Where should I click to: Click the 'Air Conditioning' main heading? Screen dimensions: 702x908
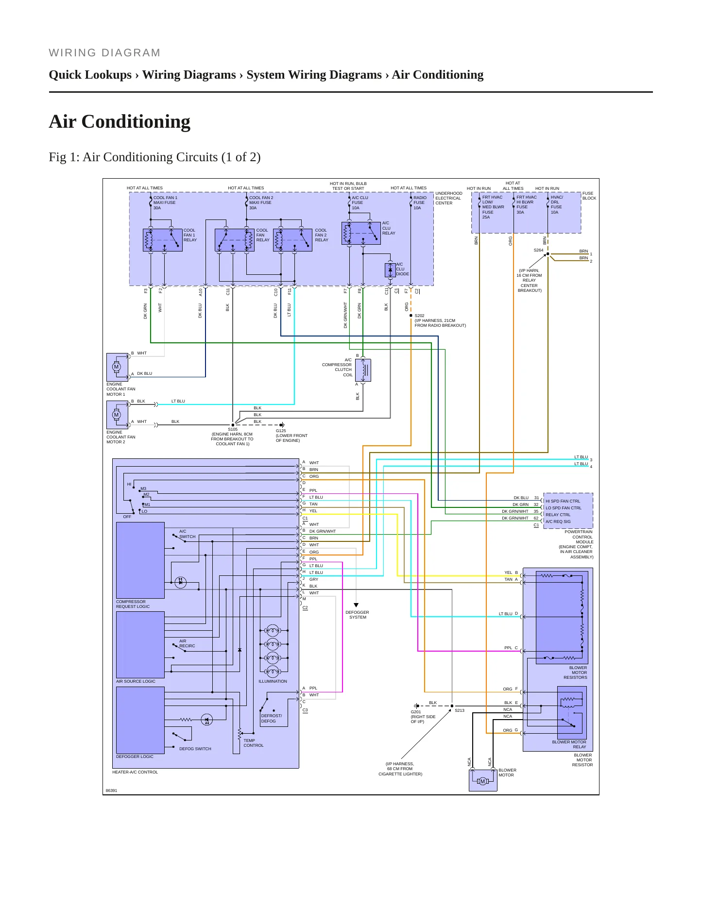(x=120, y=121)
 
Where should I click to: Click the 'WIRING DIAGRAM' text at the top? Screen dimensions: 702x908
(x=104, y=53)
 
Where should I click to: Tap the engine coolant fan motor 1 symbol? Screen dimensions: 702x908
(x=117, y=367)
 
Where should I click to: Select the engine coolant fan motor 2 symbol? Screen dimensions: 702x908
(x=117, y=415)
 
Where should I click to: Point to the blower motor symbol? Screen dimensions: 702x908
(x=483, y=781)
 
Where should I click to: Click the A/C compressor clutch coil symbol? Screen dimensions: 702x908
(x=363, y=370)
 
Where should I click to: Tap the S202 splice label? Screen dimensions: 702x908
(x=419, y=316)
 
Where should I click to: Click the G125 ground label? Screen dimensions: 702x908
(x=281, y=431)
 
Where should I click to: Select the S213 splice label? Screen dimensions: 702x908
(x=460, y=710)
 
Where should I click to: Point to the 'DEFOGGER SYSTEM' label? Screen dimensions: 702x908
(x=358, y=615)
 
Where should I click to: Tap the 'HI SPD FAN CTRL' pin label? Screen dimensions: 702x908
(x=563, y=501)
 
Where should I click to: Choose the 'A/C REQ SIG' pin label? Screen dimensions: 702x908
(x=558, y=521)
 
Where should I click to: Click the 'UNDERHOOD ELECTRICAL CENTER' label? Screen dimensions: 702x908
(x=449, y=198)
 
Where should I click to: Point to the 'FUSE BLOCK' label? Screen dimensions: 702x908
(x=589, y=196)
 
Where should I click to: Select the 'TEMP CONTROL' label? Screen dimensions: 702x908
(x=254, y=743)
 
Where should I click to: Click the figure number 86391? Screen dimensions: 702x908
(x=112, y=790)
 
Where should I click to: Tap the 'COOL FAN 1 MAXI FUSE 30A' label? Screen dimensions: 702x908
(x=165, y=202)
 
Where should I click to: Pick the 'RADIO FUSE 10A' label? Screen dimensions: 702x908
(x=420, y=202)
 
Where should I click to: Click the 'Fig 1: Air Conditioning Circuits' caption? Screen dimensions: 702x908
(x=154, y=157)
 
